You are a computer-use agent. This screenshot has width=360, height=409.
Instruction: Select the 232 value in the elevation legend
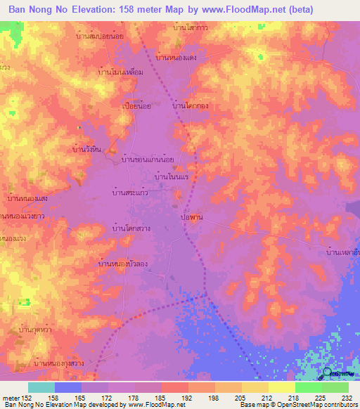pyautogui.click(x=347, y=397)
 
